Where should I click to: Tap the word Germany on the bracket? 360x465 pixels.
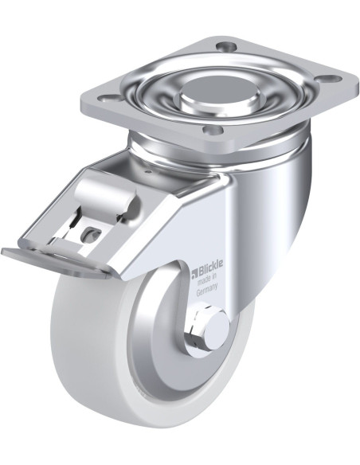point(207,290)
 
